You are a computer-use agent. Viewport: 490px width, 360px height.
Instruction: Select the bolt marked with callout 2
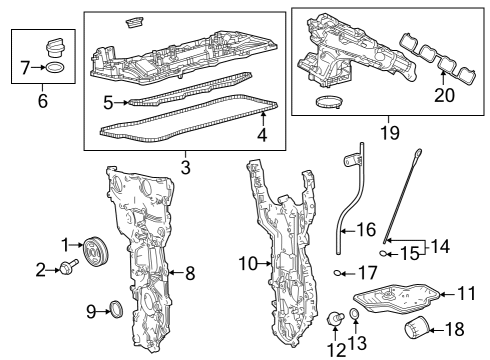tap(68, 267)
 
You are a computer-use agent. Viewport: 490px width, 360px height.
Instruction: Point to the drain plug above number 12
tap(334, 318)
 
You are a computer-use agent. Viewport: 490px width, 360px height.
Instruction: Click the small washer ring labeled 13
tap(354, 313)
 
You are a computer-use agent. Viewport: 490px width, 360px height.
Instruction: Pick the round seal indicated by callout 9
tap(116, 309)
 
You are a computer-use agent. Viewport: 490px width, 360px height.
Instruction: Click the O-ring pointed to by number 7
tap(55, 67)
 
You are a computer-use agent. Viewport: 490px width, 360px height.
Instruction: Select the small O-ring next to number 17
tap(338, 274)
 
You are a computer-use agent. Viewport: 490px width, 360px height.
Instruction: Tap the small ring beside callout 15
tap(384, 254)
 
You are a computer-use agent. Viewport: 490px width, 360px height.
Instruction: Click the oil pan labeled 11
tap(397, 297)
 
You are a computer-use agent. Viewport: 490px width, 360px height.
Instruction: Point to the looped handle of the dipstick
tap(418, 154)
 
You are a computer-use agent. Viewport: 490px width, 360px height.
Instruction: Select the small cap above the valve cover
tap(135, 23)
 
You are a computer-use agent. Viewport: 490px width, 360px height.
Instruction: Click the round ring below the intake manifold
tap(329, 102)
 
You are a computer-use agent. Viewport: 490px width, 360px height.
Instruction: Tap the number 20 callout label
tap(444, 95)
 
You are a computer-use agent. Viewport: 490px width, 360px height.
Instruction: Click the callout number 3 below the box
tap(186, 167)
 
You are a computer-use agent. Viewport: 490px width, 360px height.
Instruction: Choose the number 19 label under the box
tap(390, 133)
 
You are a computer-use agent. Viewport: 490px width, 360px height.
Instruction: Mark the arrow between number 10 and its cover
tap(264, 264)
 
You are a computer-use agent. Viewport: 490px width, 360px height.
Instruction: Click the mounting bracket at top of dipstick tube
tap(353, 161)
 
